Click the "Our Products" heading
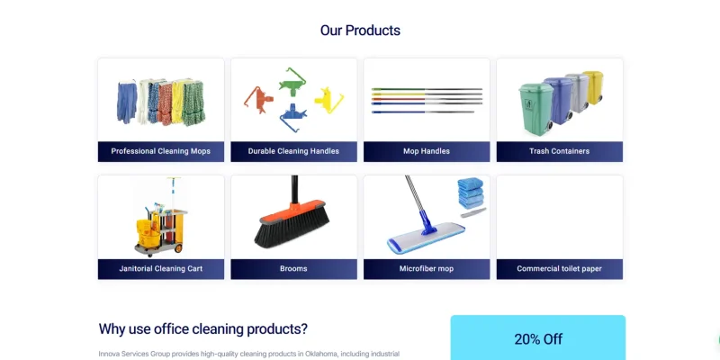coord(360,31)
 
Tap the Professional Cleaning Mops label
coord(161,151)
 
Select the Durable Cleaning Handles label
coord(293,151)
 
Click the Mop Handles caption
coord(427,151)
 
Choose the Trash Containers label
coord(559,151)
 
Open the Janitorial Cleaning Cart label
coord(161,268)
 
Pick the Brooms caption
coord(293,268)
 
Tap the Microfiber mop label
coord(427,268)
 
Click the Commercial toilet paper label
coord(559,268)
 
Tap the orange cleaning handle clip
coord(257,97)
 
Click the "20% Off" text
coord(538,339)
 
